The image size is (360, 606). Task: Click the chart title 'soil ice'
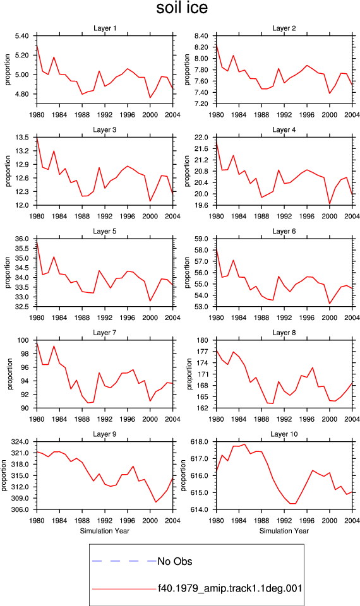coord(182,8)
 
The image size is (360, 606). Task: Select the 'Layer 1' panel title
coord(105,28)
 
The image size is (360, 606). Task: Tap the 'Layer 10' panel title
coord(284,434)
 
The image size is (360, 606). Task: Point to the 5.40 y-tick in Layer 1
coord(21,36)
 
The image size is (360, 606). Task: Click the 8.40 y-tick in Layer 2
coord(201,36)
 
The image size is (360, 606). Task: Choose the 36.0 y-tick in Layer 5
coord(21,239)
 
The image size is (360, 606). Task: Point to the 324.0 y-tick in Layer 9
coord(20,442)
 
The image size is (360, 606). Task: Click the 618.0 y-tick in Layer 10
coord(200,442)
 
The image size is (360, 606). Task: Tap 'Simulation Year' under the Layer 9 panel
coord(105,531)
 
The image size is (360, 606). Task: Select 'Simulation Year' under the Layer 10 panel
coord(284,531)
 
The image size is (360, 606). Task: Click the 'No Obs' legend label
coord(175,561)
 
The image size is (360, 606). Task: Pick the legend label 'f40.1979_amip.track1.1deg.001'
coord(230,588)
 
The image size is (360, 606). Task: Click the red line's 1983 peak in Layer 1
coord(54,57)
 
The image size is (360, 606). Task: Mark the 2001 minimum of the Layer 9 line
coord(156,502)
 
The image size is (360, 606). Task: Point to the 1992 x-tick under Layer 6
coord(284,318)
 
